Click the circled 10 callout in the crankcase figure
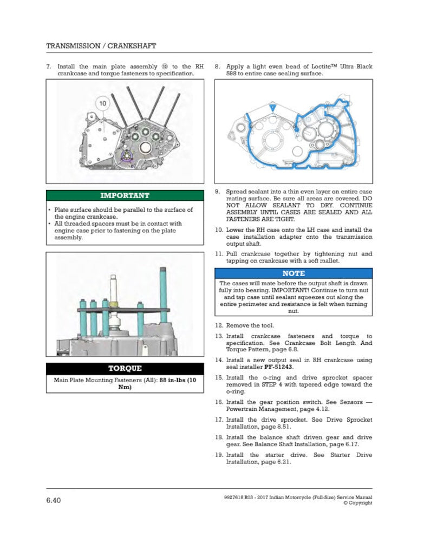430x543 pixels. click(102, 103)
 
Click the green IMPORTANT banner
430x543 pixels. click(125, 195)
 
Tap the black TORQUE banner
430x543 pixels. click(125, 368)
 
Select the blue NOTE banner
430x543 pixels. click(294, 273)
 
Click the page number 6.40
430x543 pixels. click(54, 500)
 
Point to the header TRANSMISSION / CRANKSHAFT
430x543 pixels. click(101, 45)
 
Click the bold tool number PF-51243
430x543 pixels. click(278, 367)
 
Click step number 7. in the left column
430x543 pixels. click(49, 66)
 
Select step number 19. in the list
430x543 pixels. click(219, 455)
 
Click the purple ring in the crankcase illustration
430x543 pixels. click(126, 156)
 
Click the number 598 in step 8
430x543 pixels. click(231, 74)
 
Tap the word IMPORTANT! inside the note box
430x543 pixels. click(290, 290)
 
